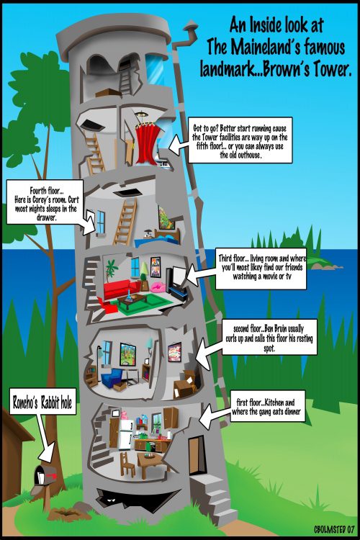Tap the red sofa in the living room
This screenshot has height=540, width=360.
[x=121, y=289]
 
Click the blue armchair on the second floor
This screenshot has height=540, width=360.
[x=112, y=378]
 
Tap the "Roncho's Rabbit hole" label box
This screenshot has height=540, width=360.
[x=42, y=402]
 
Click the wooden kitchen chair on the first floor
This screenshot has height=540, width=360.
[x=127, y=465]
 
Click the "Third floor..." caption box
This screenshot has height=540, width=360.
[x=261, y=269]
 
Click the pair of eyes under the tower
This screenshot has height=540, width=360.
[x=111, y=499]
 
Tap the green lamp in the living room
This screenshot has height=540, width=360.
[x=144, y=270]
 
